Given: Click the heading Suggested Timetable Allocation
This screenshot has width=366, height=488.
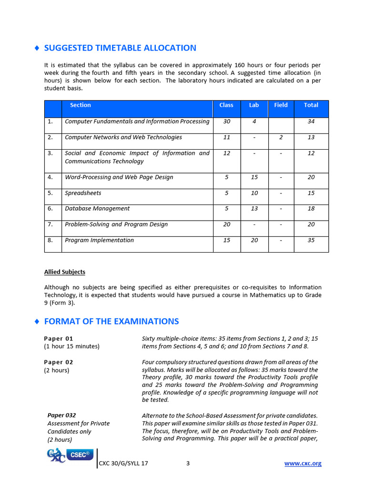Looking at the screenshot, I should (x=120, y=48).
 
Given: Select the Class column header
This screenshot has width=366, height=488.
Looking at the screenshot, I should (x=226, y=105).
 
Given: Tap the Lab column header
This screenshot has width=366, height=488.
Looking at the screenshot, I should (x=254, y=105).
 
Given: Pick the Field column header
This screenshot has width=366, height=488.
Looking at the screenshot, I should (x=281, y=105).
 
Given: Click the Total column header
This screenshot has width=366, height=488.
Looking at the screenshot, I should (x=311, y=105).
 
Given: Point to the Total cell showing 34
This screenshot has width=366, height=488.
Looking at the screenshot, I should (x=311, y=122).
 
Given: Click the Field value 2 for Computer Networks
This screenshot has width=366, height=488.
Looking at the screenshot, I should (x=281, y=137).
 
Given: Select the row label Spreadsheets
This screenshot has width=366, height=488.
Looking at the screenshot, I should (x=83, y=193).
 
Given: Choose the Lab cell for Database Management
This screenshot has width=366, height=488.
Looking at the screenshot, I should (x=254, y=209).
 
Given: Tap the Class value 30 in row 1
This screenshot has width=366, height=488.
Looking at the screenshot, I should (x=226, y=122).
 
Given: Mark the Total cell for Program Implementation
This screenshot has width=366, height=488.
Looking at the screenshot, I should (x=311, y=240).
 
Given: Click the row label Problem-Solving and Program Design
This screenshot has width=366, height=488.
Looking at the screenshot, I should (x=116, y=224).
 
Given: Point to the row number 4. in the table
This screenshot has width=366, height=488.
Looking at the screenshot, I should (x=50, y=177).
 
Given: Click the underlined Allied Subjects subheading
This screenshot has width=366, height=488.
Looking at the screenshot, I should (x=65, y=272).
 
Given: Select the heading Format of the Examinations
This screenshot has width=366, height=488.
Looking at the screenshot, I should (x=111, y=321).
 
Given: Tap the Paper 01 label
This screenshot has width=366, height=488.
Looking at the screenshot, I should (x=59, y=338).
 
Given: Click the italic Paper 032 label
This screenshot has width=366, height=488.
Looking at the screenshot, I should (x=61, y=415).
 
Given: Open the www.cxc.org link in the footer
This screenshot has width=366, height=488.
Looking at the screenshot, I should (x=303, y=463).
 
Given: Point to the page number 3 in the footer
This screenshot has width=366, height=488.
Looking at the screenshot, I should (x=188, y=463).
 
